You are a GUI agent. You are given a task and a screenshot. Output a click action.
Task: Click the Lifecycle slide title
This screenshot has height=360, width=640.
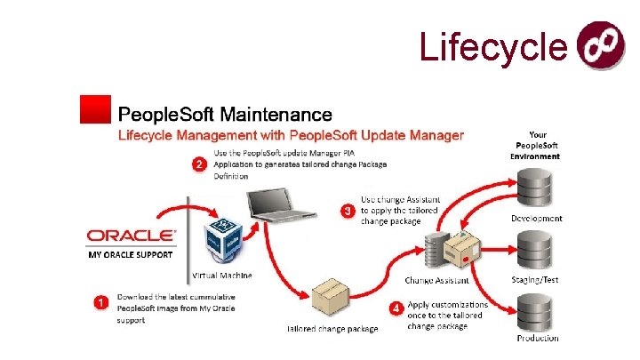(492, 47)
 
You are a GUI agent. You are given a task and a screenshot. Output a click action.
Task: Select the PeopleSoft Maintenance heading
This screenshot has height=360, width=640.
(225, 115)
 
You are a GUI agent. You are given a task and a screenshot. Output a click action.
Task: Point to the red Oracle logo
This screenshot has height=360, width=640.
(132, 236)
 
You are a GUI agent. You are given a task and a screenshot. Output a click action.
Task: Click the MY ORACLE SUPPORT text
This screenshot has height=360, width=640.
(131, 255)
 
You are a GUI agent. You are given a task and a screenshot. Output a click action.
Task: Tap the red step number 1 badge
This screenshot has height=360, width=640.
(102, 302)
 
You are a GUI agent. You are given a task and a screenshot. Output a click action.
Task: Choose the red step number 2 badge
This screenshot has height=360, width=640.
(200, 164)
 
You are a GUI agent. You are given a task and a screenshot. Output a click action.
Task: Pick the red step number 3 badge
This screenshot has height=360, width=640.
(348, 211)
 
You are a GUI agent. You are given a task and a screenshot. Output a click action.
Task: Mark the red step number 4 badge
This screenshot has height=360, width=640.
(396, 308)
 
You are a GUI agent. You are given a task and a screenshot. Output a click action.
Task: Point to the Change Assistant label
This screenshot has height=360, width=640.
(437, 281)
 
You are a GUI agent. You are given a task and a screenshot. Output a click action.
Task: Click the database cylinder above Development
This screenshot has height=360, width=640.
(536, 189)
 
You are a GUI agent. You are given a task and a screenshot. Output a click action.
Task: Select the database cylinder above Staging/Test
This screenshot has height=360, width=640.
(536, 251)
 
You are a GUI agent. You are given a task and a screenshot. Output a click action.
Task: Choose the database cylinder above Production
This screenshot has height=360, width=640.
(536, 310)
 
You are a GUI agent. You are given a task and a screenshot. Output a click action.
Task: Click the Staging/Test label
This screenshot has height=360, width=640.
(537, 279)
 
